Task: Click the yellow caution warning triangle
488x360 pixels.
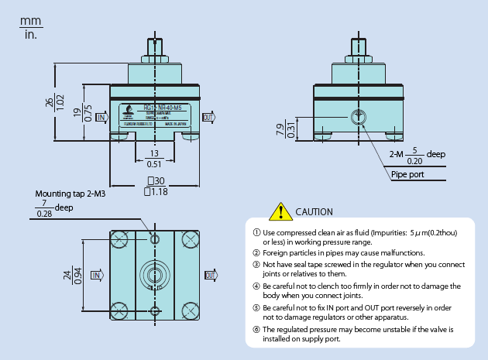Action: click(277, 211)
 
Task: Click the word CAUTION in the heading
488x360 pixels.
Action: click(314, 212)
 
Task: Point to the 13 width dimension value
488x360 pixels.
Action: click(155, 153)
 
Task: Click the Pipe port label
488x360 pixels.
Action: click(408, 173)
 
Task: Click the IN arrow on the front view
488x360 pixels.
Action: click(100, 117)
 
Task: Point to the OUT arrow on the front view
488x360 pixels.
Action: click(208, 117)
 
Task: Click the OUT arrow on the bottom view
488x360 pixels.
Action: click(211, 275)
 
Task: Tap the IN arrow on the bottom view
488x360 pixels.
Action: click(98, 275)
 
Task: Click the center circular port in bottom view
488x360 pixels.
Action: click(156, 275)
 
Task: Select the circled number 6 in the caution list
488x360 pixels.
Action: click(257, 329)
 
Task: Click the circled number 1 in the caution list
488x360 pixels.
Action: click(257, 232)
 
